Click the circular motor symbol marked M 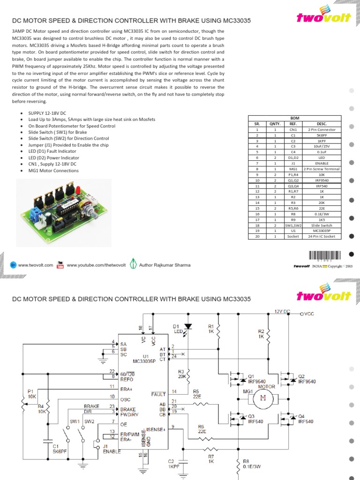pyautogui.click(x=262, y=398)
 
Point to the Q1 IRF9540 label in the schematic pyautogui.click(x=257, y=379)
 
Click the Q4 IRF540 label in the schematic pyautogui.click(x=305, y=419)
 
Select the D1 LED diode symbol pyautogui.click(x=188, y=327)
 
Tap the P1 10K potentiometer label pyautogui.click(x=32, y=393)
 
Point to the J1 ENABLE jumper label pyautogui.click(x=112, y=449)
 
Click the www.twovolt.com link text pyautogui.click(x=36, y=265)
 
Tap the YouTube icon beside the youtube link pyautogui.click(x=60, y=265)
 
